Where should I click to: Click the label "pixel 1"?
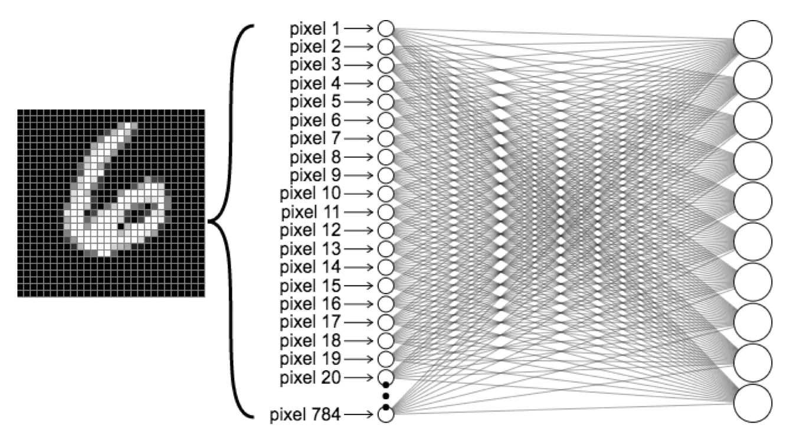pyautogui.click(x=315, y=28)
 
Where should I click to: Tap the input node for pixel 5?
pyautogui.click(x=385, y=102)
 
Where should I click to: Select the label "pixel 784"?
pyautogui.click(x=305, y=415)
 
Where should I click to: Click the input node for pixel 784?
pyautogui.click(x=385, y=414)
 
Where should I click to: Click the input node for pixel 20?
pyautogui.click(x=385, y=377)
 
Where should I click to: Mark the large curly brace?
pyautogui.click(x=230, y=221)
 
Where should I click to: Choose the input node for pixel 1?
pyautogui.click(x=385, y=28)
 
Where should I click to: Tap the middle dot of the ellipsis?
pyautogui.click(x=386, y=396)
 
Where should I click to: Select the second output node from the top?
pyautogui.click(x=753, y=79)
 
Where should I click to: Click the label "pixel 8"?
pyautogui.click(x=315, y=157)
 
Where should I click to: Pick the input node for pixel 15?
pyautogui.click(x=385, y=286)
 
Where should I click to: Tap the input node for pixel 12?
pyautogui.click(x=385, y=230)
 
